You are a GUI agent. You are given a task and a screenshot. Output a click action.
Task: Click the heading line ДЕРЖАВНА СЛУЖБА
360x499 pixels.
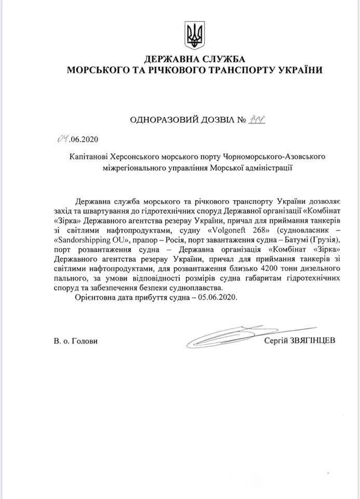tap(194, 59)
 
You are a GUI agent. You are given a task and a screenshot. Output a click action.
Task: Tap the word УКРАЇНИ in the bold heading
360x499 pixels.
tap(295, 70)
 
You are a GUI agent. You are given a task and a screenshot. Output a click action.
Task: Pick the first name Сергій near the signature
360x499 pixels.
tap(275, 340)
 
